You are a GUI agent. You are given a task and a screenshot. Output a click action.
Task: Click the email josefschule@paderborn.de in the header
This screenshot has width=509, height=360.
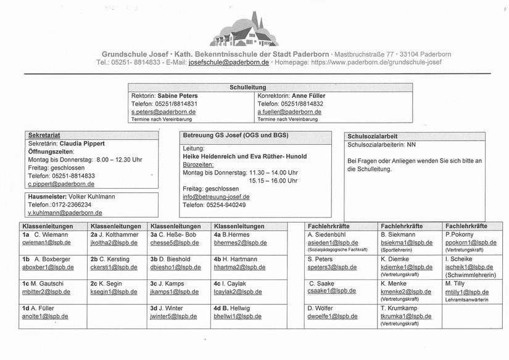[x=228, y=62]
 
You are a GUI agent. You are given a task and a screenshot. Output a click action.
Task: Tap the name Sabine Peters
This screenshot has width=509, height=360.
[x=177, y=96]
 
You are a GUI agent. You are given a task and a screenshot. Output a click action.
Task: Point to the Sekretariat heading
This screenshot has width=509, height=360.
[x=44, y=135]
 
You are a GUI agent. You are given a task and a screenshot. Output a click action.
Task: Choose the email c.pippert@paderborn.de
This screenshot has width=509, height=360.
[x=61, y=184]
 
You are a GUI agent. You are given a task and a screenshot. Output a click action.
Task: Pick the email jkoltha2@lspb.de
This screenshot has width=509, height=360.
[x=114, y=243]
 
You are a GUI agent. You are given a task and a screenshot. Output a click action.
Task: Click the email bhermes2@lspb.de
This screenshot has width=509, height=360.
[x=240, y=243]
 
